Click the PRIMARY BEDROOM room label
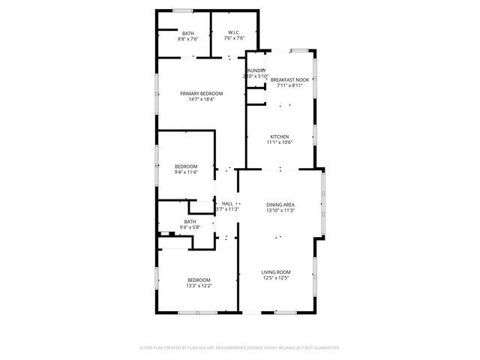tap(201, 93)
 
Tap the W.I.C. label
tap(235, 32)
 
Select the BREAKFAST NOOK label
tap(289, 79)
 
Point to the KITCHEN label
tap(280, 136)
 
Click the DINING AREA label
tap(280, 204)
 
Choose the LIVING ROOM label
tap(276, 271)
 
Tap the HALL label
tap(227, 203)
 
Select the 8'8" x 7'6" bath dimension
tap(187, 38)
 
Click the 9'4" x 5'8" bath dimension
tap(190, 227)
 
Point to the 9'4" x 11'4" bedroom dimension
tap(186, 172)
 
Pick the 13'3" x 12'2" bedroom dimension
tap(199, 286)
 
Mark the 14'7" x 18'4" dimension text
tap(201, 99)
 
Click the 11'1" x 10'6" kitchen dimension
tap(280, 142)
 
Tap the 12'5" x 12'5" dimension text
tap(276, 277)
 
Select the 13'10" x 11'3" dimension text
tap(280, 210)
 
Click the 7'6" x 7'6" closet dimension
tap(235, 38)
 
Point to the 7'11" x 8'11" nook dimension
tap(289, 85)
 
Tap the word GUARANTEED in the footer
tap(323, 348)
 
